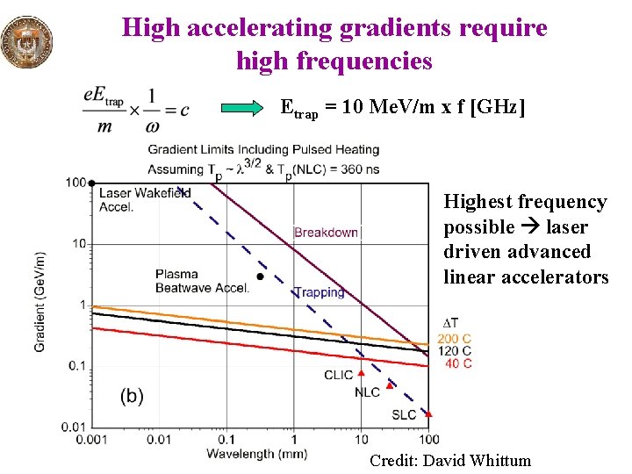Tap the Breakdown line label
326,233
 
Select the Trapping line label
319,292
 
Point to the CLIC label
339,375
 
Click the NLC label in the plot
368,392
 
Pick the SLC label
404,414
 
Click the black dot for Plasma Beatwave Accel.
260,276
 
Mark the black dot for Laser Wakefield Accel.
92,183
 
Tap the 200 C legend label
455,339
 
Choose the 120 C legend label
455,351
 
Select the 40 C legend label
458,363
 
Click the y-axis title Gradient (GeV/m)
39,301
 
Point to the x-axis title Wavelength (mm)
251,454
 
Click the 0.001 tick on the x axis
92,439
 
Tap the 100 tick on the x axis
429,439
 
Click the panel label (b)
132,396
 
